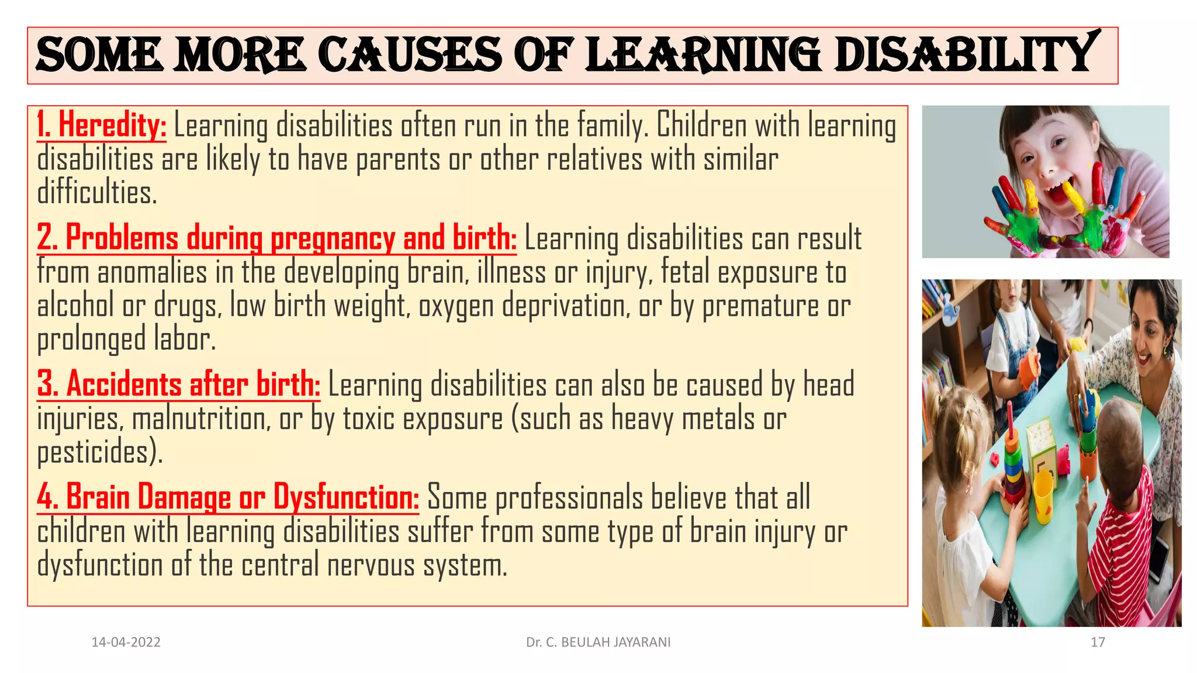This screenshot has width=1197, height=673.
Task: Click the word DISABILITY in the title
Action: pos(964,54)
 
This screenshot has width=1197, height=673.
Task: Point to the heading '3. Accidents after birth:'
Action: pos(179,384)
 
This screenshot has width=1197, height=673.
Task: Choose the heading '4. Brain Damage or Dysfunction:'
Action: pos(228,497)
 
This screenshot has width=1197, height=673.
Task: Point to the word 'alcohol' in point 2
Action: pos(75,306)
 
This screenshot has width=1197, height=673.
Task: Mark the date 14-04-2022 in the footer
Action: pos(126,642)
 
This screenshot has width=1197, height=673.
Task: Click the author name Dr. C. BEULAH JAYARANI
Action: pos(598,642)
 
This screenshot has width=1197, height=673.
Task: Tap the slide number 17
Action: pos(1098,642)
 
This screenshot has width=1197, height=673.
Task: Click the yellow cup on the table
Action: pos(1043,497)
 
